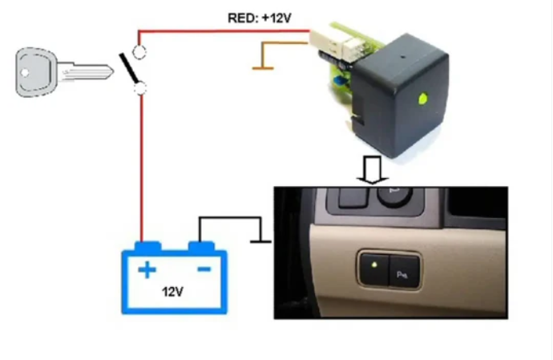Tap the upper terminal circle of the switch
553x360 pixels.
click(x=139, y=54)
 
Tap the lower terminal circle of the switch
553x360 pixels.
click(x=139, y=88)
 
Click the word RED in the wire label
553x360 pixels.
click(x=240, y=18)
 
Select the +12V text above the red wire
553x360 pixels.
click(x=276, y=18)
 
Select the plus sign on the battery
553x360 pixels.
click(x=146, y=270)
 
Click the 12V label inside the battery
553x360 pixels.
click(x=174, y=292)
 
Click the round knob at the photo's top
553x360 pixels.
click(x=396, y=196)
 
